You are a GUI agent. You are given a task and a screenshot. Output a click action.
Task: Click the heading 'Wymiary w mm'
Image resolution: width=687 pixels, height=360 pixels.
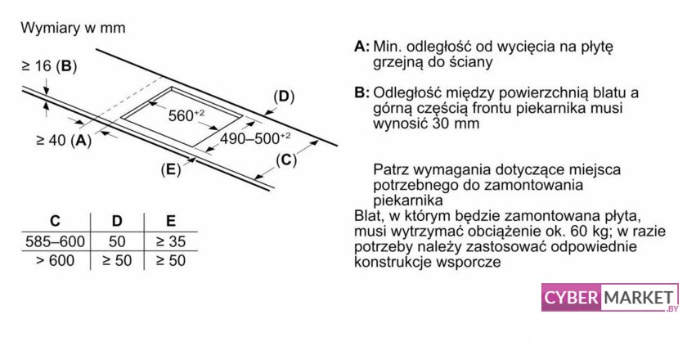73,28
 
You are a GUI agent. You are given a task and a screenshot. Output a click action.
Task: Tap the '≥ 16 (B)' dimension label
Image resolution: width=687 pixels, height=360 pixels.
50,66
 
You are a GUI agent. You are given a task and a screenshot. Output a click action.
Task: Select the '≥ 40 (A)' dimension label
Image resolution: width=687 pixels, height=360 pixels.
64,140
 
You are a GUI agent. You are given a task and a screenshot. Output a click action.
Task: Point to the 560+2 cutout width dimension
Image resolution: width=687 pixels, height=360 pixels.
186,115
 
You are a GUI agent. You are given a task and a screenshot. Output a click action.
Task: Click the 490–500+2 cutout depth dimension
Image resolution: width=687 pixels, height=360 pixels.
255,138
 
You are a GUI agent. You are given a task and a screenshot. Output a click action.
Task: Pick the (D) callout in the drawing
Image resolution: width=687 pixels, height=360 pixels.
284,97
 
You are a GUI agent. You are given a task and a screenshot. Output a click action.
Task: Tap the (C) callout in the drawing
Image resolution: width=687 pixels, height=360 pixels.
286,160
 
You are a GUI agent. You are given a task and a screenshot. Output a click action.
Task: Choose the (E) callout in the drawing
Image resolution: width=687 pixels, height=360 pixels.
171,169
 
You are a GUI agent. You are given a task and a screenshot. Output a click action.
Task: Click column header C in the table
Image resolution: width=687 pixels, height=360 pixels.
56,221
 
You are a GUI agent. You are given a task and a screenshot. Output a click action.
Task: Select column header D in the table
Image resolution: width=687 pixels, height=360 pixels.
117,221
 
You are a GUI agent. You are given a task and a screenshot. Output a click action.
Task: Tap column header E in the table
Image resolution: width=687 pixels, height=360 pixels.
171,221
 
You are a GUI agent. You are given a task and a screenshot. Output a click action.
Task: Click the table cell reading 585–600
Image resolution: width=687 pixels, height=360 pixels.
56,241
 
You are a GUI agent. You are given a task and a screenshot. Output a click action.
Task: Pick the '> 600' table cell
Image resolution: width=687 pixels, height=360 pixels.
56,261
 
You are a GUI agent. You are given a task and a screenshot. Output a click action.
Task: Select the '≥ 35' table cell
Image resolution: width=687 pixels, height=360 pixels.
171,241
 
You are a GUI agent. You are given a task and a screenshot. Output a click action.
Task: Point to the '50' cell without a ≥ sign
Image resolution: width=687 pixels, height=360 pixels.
117,241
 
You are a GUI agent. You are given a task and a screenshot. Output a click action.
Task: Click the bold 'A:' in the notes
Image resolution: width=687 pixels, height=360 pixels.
361,47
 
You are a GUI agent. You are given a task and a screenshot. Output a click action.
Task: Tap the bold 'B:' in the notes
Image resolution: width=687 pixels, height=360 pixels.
361,93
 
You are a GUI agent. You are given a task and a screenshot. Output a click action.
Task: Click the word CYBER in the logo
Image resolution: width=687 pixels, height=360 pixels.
571,298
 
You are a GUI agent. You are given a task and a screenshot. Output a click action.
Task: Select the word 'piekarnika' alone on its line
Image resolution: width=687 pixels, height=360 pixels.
408,200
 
